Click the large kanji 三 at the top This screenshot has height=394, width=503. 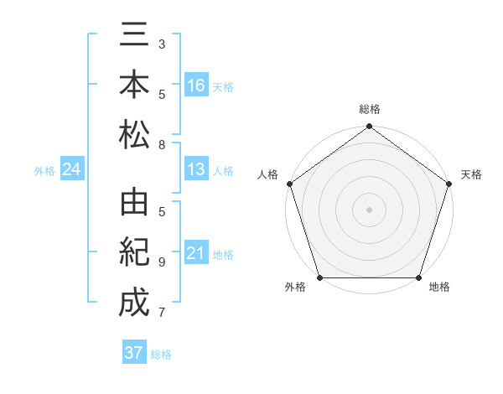pos(134,34)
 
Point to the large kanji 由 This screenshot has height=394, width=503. pos(134,204)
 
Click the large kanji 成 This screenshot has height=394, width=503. pos(134,303)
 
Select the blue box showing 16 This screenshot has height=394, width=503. pos(196,85)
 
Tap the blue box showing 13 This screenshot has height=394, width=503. pos(196,170)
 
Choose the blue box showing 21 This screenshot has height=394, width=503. pos(196,253)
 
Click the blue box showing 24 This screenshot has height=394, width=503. pos(72,170)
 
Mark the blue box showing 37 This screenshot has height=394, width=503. pos(134,353)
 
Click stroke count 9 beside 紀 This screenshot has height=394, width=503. pos(162,262)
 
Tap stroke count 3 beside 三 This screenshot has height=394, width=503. pos(162,43)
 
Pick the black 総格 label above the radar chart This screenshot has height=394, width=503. pos(369,110)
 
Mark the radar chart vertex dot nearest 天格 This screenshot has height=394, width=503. pos(449,184)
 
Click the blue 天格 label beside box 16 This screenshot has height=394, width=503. pos(223,86)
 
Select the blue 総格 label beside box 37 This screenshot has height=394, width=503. pos(161,355)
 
